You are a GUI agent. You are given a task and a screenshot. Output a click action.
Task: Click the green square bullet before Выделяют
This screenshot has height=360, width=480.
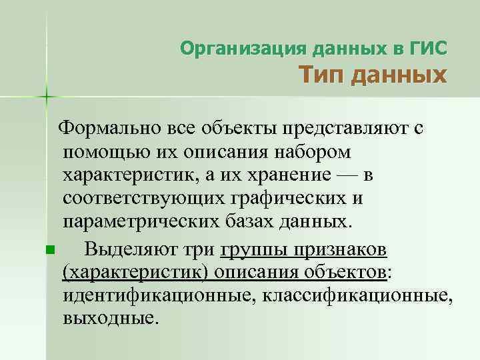(50, 250)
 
